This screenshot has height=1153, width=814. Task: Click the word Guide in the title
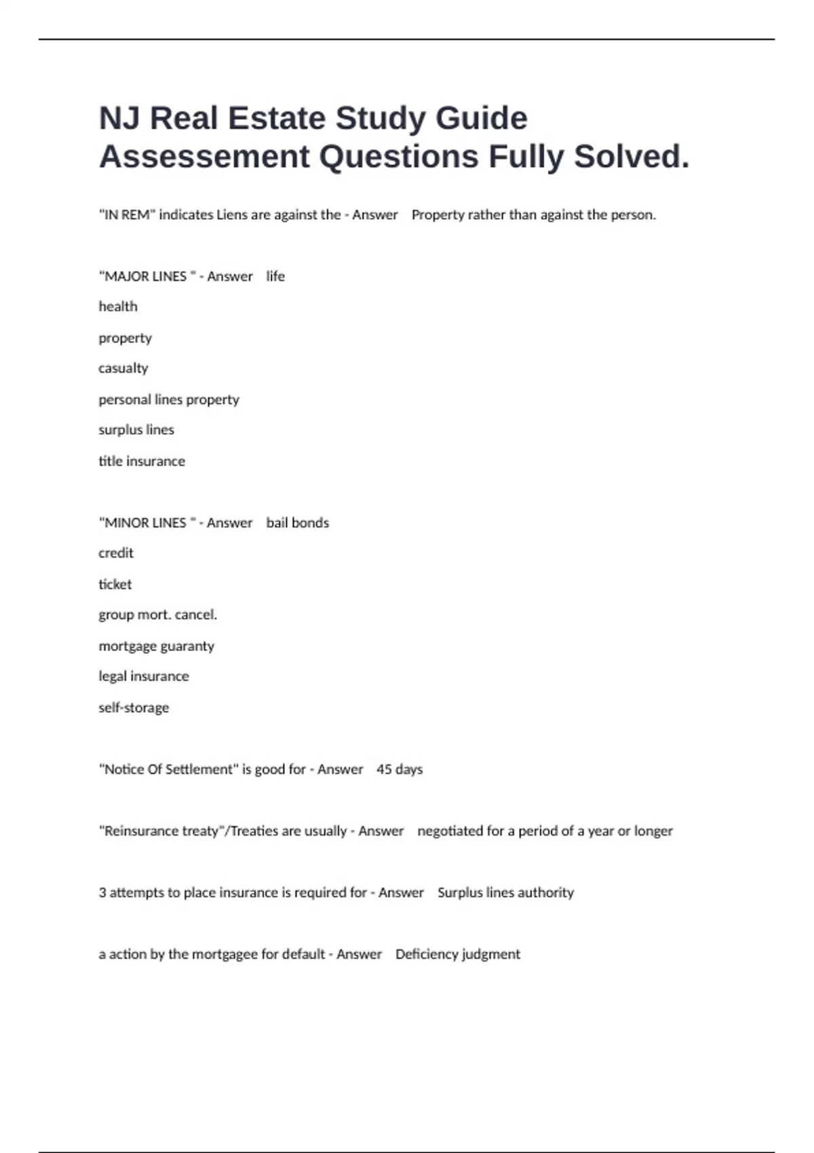[481, 119]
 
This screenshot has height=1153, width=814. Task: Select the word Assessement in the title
[204, 157]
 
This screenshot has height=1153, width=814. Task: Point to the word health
[118, 307]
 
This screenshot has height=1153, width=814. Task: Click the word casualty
[123, 368]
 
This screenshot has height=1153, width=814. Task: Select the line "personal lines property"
[169, 399]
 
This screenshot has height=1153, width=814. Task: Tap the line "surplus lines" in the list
[136, 430]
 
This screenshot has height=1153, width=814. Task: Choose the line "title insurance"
[142, 461]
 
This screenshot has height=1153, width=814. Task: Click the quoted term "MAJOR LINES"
[146, 277]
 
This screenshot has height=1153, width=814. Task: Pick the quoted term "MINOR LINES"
[145, 523]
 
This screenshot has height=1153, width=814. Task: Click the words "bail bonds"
[297, 523]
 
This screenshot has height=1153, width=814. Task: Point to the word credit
[116, 553]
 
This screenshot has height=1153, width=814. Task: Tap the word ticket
[115, 585]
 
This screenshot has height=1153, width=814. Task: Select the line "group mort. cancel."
[157, 615]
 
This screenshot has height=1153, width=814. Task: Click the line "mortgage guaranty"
[157, 646]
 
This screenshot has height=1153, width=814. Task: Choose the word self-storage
[134, 708]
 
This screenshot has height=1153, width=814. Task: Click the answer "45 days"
[400, 770]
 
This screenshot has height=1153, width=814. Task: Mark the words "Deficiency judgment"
[458, 954]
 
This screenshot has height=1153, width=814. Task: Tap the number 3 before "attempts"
[102, 893]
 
